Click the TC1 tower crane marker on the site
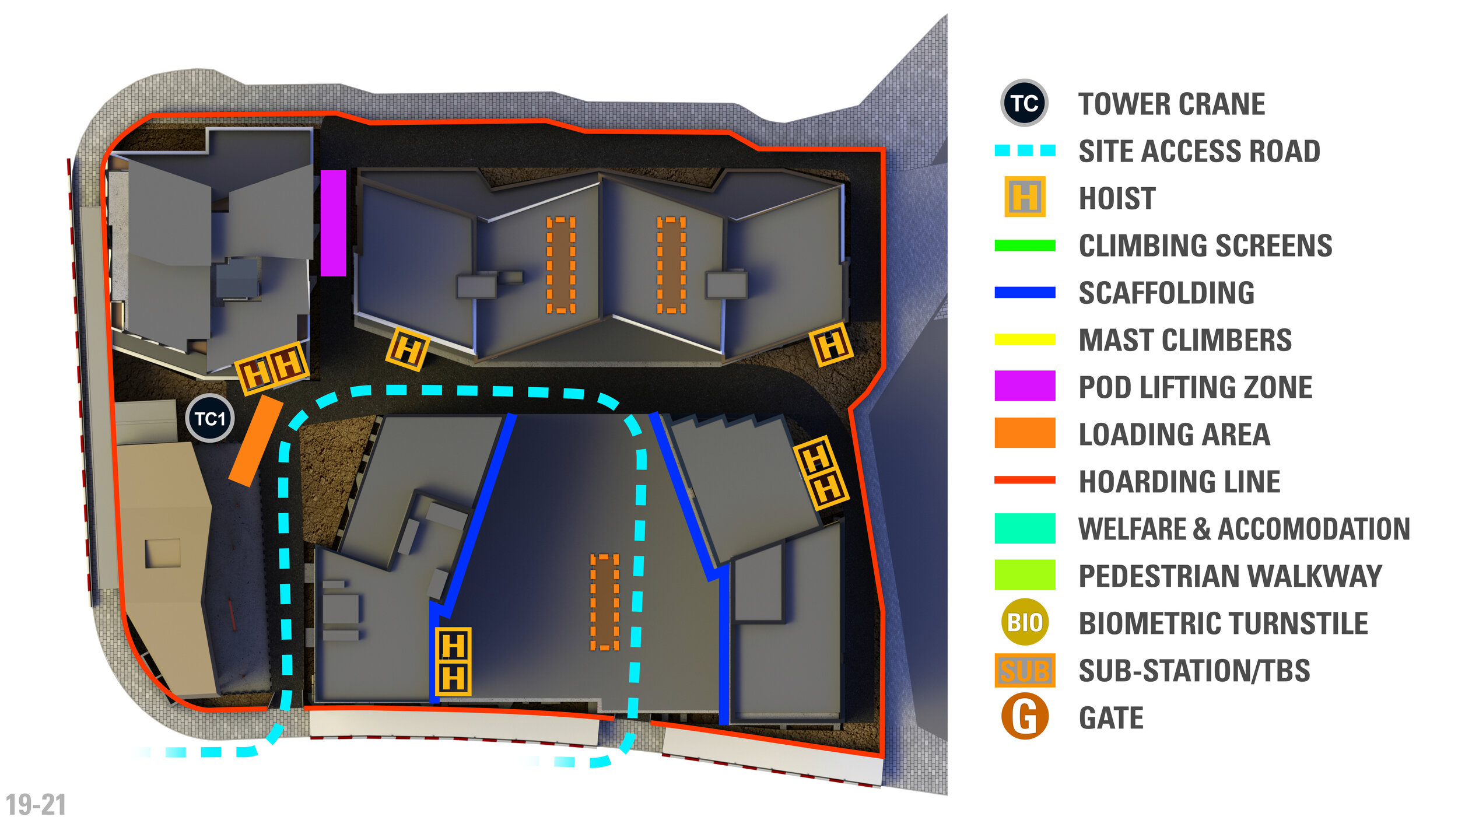pyautogui.click(x=210, y=418)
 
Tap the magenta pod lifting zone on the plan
pyautogui.click(x=333, y=223)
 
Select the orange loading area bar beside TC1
pyautogui.click(x=256, y=441)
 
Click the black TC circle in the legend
pyautogui.click(x=1024, y=103)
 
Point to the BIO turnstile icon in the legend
pyautogui.click(x=1025, y=622)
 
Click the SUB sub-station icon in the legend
pyautogui.click(x=1025, y=670)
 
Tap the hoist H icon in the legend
pyautogui.click(x=1025, y=197)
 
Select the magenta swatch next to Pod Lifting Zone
pyautogui.click(x=1025, y=386)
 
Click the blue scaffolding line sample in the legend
pyautogui.click(x=1025, y=292)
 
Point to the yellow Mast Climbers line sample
pyautogui.click(x=1025, y=339)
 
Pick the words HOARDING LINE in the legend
pyautogui.click(x=1179, y=482)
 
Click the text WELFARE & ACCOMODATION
pyautogui.click(x=1244, y=529)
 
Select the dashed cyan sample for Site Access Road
pyautogui.click(x=1025, y=150)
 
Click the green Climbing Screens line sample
pyautogui.click(x=1025, y=245)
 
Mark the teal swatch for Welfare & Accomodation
pyautogui.click(x=1025, y=528)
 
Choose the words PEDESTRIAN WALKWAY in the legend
pyautogui.click(x=1230, y=576)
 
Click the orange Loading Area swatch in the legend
pyautogui.click(x=1025, y=433)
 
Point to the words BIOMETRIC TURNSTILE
pyautogui.click(x=1223, y=623)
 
